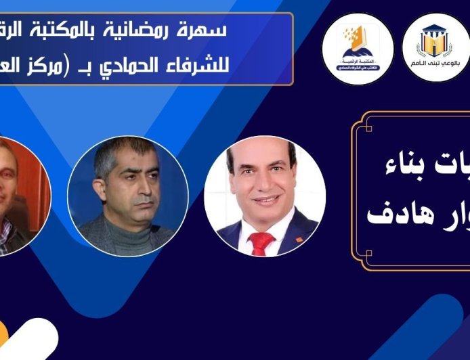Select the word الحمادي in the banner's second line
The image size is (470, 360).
[149, 68]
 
